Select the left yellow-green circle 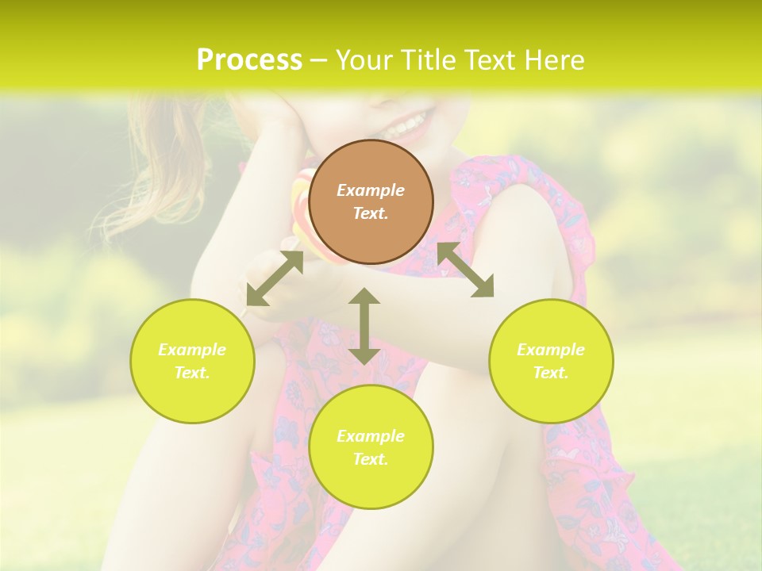coord(192,361)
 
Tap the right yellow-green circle coord(551,361)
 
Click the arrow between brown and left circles coord(275,278)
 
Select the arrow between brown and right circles coord(465,270)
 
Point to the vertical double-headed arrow coord(364,326)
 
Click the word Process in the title coord(249,59)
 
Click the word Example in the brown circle coord(371,190)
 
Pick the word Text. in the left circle coord(192,373)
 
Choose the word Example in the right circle coord(551,350)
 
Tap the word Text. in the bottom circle coord(371,459)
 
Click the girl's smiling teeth coord(406,125)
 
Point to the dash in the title coord(318,60)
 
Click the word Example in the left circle coord(192,350)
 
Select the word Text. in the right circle coord(551,373)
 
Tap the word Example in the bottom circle coord(371,436)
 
